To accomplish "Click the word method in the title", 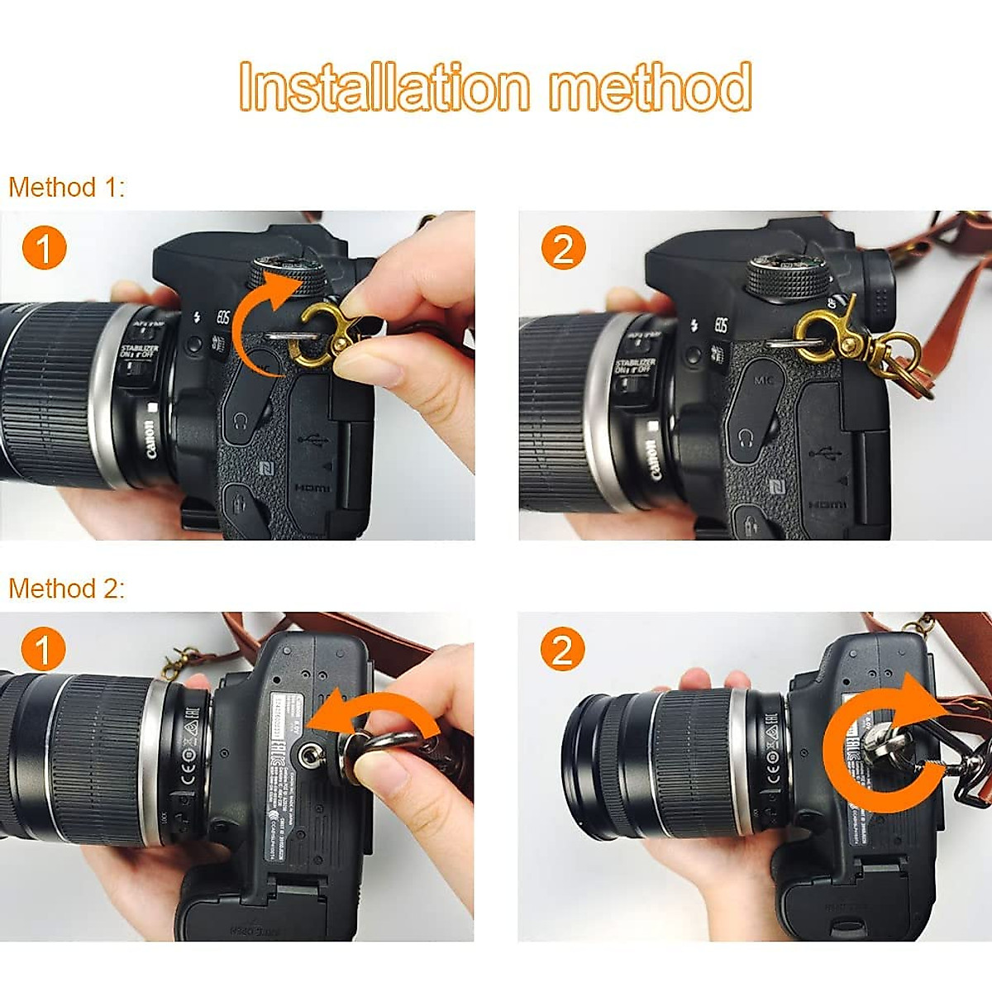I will click(x=651, y=87).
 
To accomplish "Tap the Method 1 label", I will click(x=66, y=188).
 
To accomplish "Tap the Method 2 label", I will click(x=66, y=589).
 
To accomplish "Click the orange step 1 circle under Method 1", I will click(x=44, y=248).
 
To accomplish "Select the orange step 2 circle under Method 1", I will click(x=563, y=248).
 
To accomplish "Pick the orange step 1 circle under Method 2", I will click(x=44, y=649).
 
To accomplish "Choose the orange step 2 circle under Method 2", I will click(x=563, y=649).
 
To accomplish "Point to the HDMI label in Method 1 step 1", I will click(x=312, y=489).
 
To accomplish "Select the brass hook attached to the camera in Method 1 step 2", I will click(x=823, y=335).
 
